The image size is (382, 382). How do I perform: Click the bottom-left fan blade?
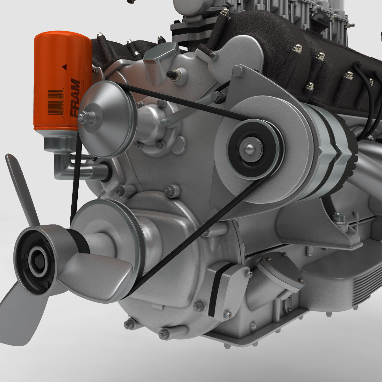click(19, 318)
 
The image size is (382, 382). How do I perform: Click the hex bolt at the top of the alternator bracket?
click(237, 71)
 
